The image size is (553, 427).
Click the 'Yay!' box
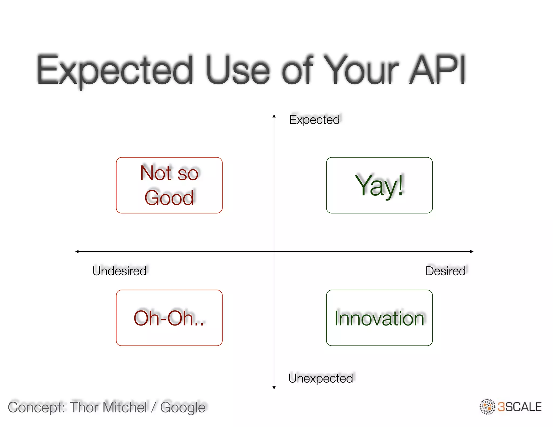click(379, 185)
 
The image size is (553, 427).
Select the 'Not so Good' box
click(169, 185)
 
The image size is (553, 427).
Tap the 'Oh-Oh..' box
click(169, 318)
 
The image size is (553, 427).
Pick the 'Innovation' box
click(379, 318)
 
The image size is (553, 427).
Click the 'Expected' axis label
click(314, 120)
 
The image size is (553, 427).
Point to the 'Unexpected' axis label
click(321, 378)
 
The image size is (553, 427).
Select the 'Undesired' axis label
click(119, 271)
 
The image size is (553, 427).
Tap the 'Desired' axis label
click(446, 271)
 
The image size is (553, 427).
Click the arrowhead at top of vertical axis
click(274, 116)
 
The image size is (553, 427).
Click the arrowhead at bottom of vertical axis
click(274, 388)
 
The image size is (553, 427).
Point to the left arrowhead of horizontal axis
click(77, 252)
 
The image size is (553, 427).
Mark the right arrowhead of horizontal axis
click(472, 252)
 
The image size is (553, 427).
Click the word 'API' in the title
click(437, 70)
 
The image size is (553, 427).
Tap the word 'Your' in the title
click(360, 70)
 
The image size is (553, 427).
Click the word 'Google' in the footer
click(183, 407)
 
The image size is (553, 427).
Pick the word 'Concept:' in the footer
click(36, 407)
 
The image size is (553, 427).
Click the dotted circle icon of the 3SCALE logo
click(487, 406)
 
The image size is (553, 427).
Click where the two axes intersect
click(274, 252)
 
